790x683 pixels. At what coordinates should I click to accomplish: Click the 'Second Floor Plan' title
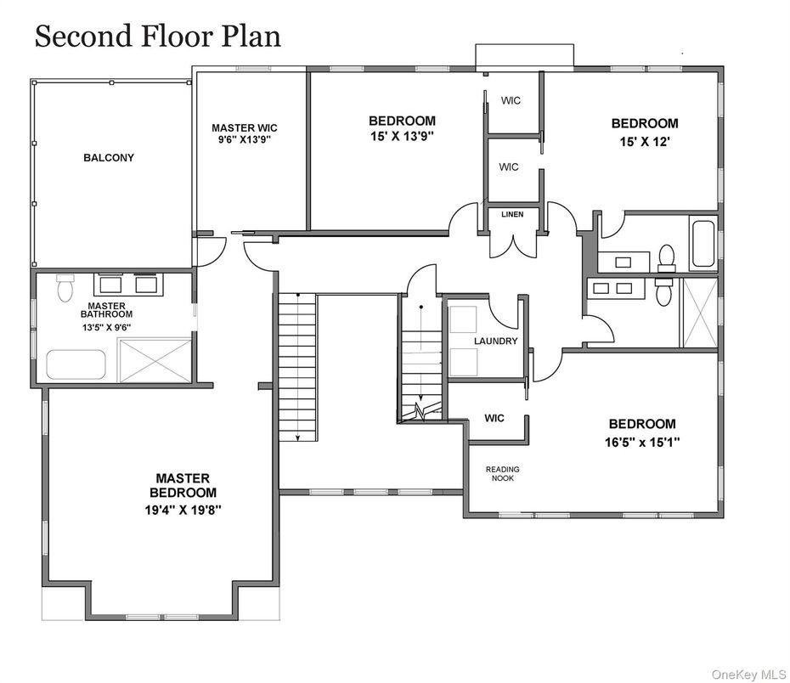click(x=158, y=37)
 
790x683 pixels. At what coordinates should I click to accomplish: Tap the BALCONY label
click(x=109, y=158)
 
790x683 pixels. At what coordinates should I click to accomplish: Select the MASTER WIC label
click(x=245, y=128)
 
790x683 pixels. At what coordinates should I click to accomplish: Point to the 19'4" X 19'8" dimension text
click(x=183, y=511)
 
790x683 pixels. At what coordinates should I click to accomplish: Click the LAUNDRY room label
click(x=496, y=341)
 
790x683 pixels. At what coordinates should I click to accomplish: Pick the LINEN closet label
click(x=512, y=215)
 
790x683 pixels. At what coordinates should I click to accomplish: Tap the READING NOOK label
click(x=502, y=473)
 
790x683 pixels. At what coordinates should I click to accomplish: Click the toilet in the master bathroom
click(x=65, y=288)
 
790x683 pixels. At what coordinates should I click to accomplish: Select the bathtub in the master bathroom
click(x=76, y=364)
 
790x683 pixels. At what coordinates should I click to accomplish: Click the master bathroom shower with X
click(x=155, y=361)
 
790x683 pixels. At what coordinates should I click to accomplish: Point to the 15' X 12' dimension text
click(x=645, y=142)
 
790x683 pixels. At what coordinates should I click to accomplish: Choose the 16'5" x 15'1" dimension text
click(x=642, y=443)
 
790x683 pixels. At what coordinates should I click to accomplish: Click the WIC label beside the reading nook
click(x=494, y=418)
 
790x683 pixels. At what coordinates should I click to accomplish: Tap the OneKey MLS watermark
click(x=749, y=674)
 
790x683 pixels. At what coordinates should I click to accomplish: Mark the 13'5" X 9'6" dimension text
click(x=107, y=327)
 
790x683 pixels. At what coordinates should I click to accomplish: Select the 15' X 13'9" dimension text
click(x=402, y=136)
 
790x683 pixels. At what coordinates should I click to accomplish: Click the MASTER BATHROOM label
click(x=107, y=310)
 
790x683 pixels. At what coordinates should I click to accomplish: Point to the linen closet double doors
click(x=513, y=246)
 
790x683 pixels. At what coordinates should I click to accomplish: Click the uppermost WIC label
click(x=511, y=101)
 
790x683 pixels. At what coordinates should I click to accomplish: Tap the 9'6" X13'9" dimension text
click(x=245, y=139)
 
